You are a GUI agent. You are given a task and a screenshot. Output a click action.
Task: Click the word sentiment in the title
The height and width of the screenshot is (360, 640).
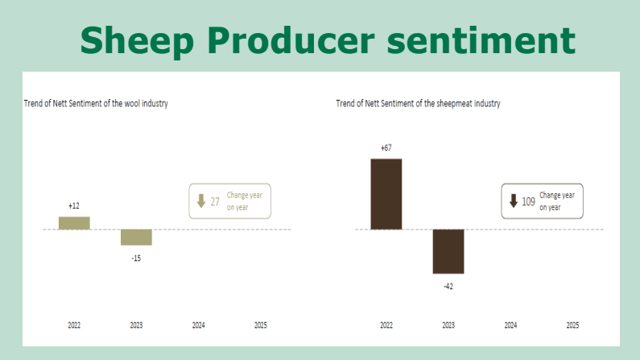point(481,40)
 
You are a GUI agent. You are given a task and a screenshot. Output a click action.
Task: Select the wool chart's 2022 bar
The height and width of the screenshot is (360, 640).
point(74,223)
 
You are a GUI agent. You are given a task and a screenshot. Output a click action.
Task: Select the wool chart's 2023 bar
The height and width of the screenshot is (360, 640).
point(136,237)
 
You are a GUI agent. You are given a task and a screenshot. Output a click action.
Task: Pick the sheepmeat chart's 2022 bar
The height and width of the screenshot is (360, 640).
point(386,194)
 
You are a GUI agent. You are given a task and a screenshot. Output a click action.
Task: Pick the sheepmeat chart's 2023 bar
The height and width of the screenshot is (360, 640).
point(448,251)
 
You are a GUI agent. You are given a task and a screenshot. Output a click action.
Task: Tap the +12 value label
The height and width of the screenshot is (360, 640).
point(74,205)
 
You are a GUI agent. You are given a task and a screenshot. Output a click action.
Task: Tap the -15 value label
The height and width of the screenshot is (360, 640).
point(136,259)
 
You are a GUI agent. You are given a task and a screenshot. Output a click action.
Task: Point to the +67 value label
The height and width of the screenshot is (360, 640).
point(386,147)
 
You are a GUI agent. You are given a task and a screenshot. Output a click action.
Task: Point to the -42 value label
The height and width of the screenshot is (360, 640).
point(448,287)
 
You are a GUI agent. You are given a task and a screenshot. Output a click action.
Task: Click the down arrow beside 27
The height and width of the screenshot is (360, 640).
point(200,201)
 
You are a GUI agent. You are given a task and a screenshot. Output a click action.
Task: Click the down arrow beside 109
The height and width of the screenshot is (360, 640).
point(514,201)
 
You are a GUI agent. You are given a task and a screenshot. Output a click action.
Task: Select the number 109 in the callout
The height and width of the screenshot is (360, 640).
point(529,201)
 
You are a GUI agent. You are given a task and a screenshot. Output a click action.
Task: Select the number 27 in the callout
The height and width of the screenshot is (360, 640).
point(215,201)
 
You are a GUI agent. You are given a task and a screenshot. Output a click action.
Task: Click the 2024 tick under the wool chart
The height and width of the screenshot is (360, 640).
point(199,325)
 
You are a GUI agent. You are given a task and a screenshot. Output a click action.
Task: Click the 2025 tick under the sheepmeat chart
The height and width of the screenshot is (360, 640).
point(572,325)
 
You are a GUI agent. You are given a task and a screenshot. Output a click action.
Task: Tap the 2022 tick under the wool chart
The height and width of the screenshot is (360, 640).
point(74,325)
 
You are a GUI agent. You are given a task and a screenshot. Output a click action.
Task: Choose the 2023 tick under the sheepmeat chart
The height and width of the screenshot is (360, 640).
point(448,325)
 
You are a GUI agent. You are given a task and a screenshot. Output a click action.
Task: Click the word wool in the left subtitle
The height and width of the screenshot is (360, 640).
point(132,104)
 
